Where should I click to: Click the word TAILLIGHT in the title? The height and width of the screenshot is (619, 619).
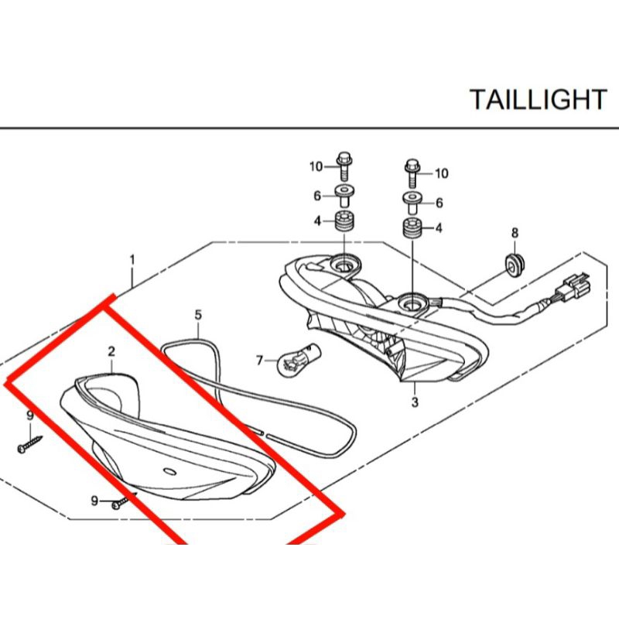pyautogui.click(x=538, y=99)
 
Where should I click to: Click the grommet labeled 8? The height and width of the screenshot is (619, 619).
pyautogui.click(x=515, y=265)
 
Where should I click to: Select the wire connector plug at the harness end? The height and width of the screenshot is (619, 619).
pyautogui.click(x=576, y=286)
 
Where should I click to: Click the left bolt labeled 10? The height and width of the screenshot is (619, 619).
pyautogui.click(x=343, y=166)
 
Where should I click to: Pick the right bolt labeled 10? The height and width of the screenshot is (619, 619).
pyautogui.click(x=412, y=173)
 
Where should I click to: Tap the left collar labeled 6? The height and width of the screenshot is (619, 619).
pyautogui.click(x=344, y=197)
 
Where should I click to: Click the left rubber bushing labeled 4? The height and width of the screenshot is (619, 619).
pyautogui.click(x=344, y=222)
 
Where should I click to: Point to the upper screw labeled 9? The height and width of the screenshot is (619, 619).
pyautogui.click(x=30, y=443)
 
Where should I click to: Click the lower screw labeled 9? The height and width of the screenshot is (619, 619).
pyautogui.click(x=125, y=500)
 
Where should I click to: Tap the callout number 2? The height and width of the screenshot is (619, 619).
pyautogui.click(x=111, y=351)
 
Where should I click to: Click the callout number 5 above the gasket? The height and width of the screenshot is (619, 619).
pyautogui.click(x=198, y=315)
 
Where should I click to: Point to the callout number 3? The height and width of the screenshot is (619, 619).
pyautogui.click(x=415, y=402)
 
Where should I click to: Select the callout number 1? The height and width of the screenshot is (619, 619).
pyautogui.click(x=132, y=260)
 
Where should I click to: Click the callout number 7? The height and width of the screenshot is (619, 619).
pyautogui.click(x=259, y=361)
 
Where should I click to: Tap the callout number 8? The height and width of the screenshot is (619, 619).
pyautogui.click(x=515, y=233)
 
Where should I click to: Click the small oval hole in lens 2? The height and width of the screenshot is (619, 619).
pyautogui.click(x=170, y=471)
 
